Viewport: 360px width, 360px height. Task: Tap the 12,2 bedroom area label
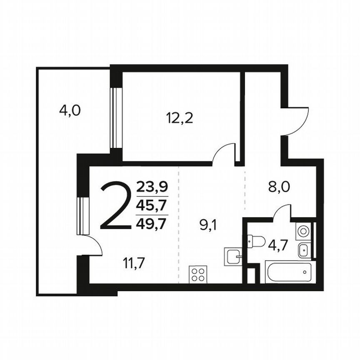[180, 120]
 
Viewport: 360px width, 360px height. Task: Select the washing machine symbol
[302, 231]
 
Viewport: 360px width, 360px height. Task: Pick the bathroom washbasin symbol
[302, 250]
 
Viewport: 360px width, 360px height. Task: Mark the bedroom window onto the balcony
[113, 118]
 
